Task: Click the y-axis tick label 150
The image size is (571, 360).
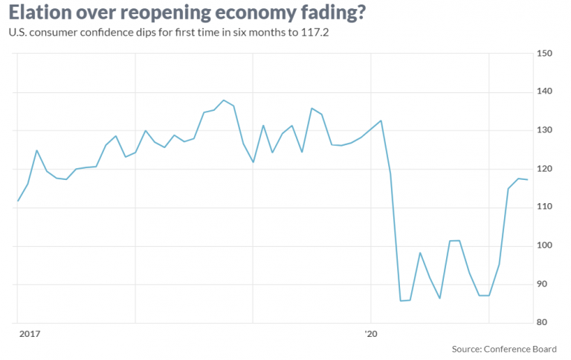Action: pos(545,54)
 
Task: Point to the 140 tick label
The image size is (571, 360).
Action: pos(545,92)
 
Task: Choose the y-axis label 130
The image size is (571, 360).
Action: pos(545,131)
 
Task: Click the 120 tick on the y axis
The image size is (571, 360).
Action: pos(545,170)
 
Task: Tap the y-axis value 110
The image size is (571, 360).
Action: pos(545,208)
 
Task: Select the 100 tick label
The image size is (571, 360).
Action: pos(545,246)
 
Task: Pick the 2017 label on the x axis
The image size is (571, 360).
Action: pos(29,335)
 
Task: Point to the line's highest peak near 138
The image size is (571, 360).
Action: pos(224,100)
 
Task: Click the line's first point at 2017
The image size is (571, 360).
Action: pos(18,201)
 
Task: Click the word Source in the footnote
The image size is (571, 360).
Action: pos(465,348)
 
